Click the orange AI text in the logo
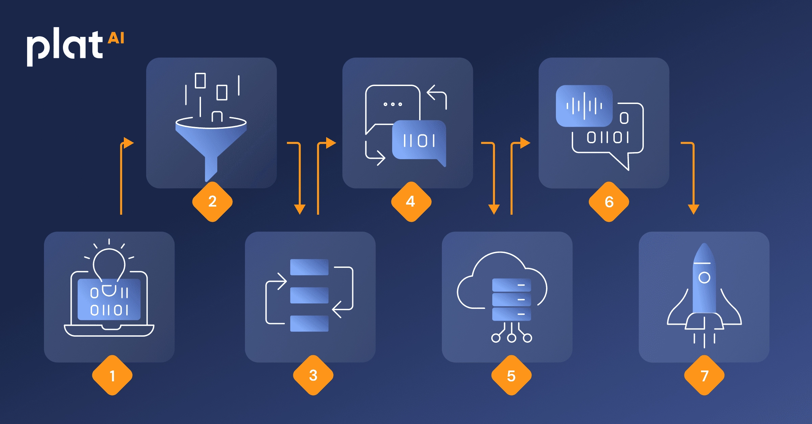tap(116, 38)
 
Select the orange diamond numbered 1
tap(112, 375)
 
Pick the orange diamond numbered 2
tap(212, 202)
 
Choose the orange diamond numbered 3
tap(313, 375)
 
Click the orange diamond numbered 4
tap(411, 202)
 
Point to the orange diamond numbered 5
tap(511, 375)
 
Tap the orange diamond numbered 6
tap(609, 202)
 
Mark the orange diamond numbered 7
tap(704, 375)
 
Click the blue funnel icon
tap(211, 146)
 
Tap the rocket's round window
tap(704, 278)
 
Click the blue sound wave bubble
tap(584, 106)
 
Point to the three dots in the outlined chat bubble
tap(392, 104)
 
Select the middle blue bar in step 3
tap(309, 295)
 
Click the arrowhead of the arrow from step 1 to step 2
tap(128, 143)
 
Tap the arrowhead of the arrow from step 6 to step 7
tap(694, 209)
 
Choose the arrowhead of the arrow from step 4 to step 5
tap(494, 209)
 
